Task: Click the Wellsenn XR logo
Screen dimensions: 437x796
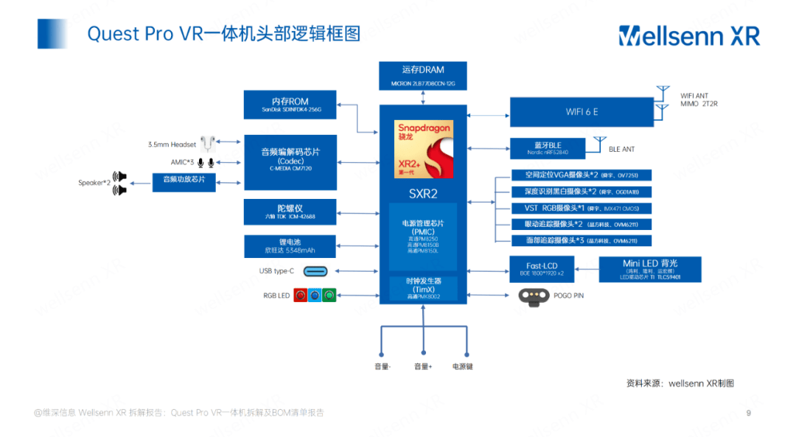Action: point(688,35)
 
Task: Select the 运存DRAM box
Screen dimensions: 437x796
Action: point(423,76)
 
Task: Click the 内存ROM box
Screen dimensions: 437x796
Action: point(290,105)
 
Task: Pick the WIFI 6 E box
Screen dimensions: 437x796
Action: point(582,112)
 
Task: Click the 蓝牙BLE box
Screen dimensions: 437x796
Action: point(547,148)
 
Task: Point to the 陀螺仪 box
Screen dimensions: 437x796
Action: point(290,211)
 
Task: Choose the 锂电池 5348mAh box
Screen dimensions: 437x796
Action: point(290,246)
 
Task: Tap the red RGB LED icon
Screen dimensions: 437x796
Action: point(301,296)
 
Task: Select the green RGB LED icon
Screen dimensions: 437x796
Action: point(329,296)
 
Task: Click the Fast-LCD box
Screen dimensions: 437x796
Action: point(541,269)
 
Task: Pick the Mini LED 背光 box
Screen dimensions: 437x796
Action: point(650,269)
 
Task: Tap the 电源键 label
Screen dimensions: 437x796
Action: point(463,366)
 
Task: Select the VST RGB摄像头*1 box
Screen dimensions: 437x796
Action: point(582,209)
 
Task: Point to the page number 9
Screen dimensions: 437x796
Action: point(749,413)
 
